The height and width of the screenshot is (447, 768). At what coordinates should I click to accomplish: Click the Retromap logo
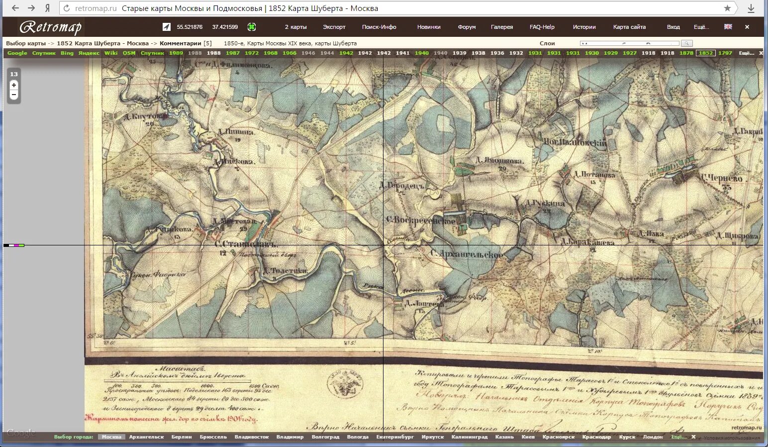pos(50,27)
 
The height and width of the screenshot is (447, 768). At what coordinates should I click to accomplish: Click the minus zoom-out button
pos(14,95)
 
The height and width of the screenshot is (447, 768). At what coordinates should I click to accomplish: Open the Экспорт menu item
pos(334,27)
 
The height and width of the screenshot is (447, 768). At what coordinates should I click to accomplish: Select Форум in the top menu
pos(467,27)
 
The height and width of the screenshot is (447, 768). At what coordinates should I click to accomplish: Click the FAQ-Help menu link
pos(542,27)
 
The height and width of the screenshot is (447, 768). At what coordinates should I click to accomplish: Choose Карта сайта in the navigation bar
pos(629,27)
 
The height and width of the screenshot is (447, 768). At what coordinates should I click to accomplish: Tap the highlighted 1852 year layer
pos(705,53)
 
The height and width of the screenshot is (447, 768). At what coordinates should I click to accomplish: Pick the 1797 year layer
pos(725,53)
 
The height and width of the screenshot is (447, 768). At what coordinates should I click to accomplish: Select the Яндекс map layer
pos(89,53)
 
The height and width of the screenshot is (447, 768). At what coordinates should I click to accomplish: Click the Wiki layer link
pos(111,53)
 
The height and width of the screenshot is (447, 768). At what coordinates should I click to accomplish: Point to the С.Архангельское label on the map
pos(467,254)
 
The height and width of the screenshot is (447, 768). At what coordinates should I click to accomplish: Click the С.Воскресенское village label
pos(420,220)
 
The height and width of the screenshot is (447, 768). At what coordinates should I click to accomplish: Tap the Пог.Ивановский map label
pos(575,142)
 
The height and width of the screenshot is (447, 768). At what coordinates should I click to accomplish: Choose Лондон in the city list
pos(653,437)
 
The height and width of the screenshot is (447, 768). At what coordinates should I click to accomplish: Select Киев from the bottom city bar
pos(528,437)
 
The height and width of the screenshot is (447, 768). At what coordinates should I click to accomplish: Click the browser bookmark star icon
pos(727,8)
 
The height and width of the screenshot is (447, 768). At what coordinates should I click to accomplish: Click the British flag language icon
pos(728,27)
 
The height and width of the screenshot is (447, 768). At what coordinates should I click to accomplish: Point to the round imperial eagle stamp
pos(344,384)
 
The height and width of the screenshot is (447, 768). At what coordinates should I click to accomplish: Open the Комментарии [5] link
pos(186,43)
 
